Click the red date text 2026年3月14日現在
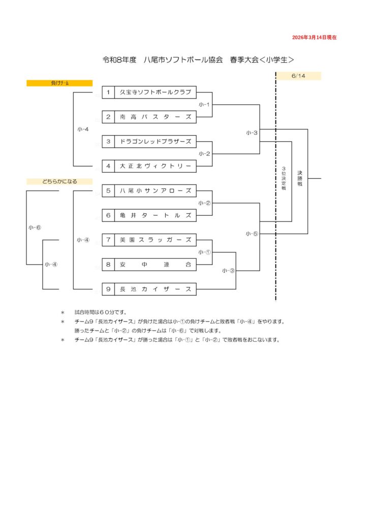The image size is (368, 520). click(x=314, y=38)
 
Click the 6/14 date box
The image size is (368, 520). click(x=298, y=76)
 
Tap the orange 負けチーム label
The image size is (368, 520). click(x=59, y=83)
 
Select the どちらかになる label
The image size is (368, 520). click(x=59, y=181)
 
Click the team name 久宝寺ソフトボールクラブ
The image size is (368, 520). click(x=155, y=92)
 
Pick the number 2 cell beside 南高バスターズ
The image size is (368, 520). click(x=108, y=117)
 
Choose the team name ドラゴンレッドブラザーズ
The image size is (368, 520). click(x=155, y=142)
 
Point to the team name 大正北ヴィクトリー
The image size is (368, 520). click(x=155, y=166)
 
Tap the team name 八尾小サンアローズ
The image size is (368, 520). click(x=155, y=191)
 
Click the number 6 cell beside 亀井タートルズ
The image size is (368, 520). click(x=108, y=215)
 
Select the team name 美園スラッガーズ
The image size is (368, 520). click(x=155, y=240)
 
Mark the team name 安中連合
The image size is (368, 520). click(x=155, y=265)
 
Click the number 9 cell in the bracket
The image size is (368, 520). click(x=108, y=289)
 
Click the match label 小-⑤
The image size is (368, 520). click(x=252, y=234)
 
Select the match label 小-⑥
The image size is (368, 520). click(x=35, y=227)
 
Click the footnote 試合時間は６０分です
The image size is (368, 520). click(x=101, y=312)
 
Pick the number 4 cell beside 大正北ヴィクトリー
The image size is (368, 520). click(x=108, y=166)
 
